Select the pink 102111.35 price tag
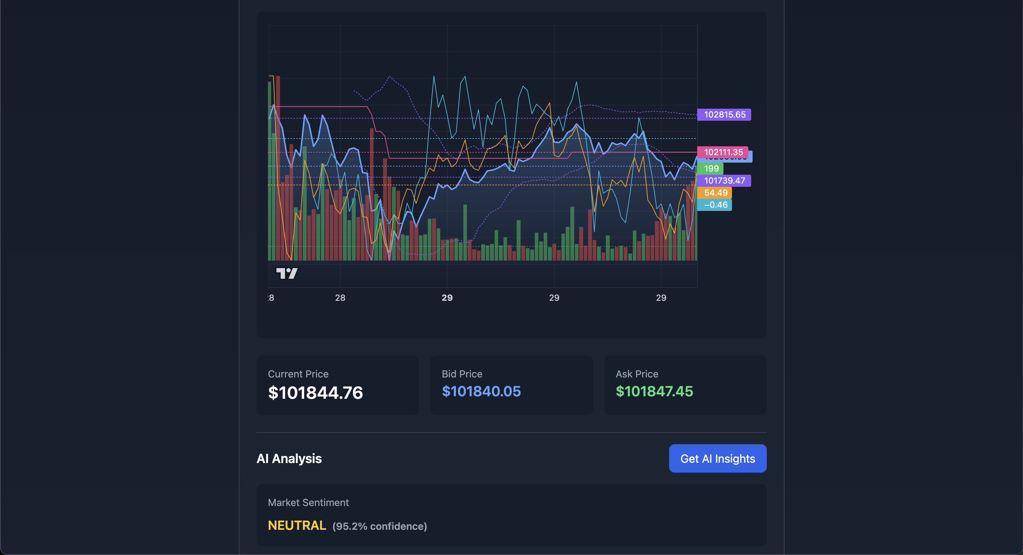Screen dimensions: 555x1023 (x=722, y=152)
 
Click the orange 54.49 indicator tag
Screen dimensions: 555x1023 (x=715, y=193)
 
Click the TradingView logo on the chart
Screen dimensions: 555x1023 (x=287, y=273)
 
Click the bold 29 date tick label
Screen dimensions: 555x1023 (x=447, y=298)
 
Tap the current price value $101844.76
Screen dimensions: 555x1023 (x=315, y=392)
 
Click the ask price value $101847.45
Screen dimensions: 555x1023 (x=654, y=391)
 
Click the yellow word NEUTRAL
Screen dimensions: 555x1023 (x=297, y=525)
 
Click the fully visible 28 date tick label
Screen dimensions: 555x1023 (x=340, y=298)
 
